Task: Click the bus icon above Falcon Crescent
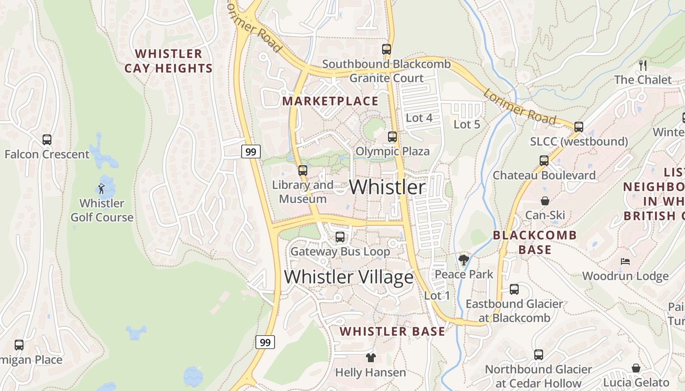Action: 47,140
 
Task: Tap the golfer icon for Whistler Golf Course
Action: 101,189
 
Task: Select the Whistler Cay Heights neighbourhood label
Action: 168,61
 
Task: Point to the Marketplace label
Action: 331,101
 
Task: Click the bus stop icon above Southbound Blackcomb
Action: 387,49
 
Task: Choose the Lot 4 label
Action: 419,118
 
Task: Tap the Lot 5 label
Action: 467,125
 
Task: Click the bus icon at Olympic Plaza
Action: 392,137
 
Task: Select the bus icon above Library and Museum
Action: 303,171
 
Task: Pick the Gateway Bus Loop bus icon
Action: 340,237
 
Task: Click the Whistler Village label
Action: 348,277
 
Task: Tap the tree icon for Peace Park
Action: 463,260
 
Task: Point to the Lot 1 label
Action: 437,296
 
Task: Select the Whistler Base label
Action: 392,331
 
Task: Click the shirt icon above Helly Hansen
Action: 370,358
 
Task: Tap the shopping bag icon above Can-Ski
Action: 545,201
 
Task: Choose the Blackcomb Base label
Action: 535,242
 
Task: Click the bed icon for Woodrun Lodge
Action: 625,261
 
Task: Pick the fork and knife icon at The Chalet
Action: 643,65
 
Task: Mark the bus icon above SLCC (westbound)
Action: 579,127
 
